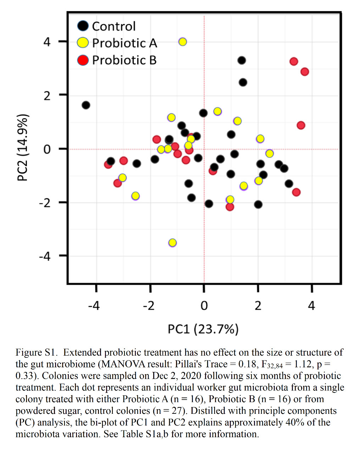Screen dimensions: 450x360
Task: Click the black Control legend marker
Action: [83, 26]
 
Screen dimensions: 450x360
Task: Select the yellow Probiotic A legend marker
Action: [83, 43]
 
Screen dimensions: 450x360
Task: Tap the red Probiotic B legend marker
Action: [83, 60]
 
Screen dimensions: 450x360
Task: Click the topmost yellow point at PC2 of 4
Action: [182, 42]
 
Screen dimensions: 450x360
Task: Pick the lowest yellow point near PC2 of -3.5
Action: [172, 243]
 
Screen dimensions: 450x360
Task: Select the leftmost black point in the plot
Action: [86, 105]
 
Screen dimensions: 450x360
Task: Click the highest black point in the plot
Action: [242, 60]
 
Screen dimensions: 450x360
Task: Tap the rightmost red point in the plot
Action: [305, 72]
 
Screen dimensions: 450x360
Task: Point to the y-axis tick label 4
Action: [47, 42]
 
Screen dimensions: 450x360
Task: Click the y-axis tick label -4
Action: [45, 256]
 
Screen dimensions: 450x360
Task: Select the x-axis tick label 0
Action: [204, 306]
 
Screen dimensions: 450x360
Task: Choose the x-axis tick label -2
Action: [149, 306]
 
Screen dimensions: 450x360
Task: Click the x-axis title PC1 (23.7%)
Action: [203, 329]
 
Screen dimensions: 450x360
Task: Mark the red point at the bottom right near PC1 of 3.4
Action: [296, 192]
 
